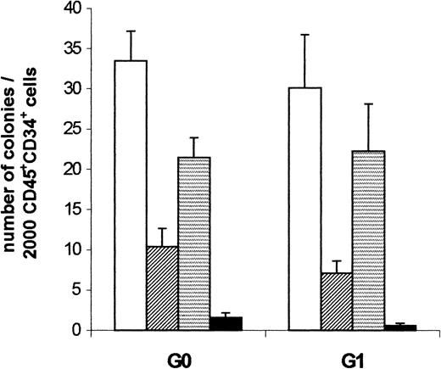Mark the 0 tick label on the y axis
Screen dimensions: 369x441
(x=87, y=331)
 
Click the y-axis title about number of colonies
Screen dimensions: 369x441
(x=30, y=170)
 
